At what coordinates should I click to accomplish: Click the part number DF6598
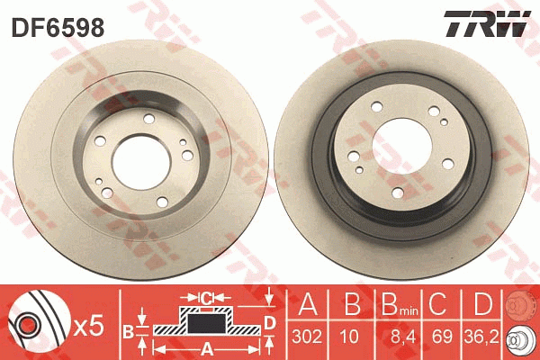pos(58,28)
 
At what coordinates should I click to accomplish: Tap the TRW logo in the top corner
pos(487,23)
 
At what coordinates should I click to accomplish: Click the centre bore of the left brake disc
pos(141,162)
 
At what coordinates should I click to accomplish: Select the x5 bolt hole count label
pos(88,326)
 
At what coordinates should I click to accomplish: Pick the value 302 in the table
pos(307,337)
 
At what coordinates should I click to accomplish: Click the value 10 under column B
pos(349,337)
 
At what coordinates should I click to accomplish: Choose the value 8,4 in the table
pos(402,337)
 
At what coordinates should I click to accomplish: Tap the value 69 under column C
pos(442,337)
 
